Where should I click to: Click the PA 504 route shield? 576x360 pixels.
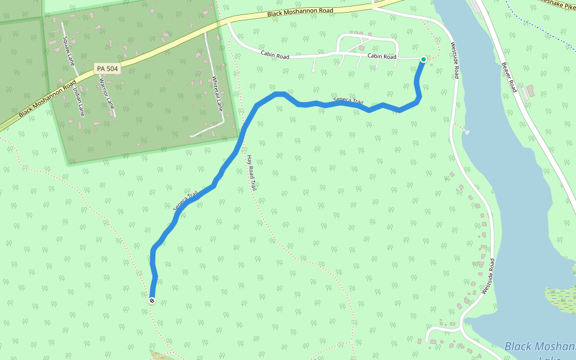(107, 69)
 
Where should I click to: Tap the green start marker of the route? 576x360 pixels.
(424, 59)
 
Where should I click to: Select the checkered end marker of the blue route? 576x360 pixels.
(152, 301)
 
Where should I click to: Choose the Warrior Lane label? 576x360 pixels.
(106, 93)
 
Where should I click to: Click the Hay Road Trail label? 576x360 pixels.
(251, 173)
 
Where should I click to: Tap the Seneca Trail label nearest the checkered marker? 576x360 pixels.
(185, 200)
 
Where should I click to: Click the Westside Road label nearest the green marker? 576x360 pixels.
(455, 59)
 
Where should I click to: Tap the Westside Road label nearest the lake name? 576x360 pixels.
(487, 276)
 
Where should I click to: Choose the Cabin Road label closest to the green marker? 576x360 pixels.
(382, 56)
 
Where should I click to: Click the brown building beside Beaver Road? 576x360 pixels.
(527, 93)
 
